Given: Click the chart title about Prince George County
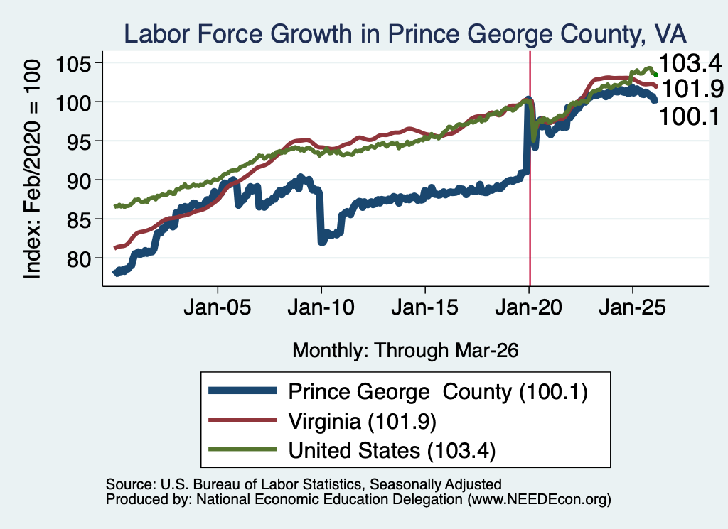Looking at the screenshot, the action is (x=405, y=34).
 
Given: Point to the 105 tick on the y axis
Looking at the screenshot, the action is (x=73, y=63).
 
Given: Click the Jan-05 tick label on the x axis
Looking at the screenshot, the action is (x=218, y=307).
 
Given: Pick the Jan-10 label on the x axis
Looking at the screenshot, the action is (x=321, y=307).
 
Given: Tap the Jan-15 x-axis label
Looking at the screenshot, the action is (x=425, y=307).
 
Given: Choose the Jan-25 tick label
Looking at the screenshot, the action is (x=632, y=307).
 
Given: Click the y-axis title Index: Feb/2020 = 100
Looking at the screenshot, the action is (x=32, y=169).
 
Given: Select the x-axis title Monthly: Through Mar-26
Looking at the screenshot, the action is (x=405, y=350).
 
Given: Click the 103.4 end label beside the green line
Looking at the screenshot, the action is (x=690, y=62).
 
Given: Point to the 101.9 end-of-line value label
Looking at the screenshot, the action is (x=692, y=88).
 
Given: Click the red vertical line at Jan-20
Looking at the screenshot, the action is (x=530, y=169).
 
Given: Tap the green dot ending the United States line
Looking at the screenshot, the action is (x=655, y=75).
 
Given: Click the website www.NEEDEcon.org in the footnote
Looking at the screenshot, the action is (x=539, y=499).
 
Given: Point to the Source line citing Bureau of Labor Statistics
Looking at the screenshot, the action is (x=304, y=484).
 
